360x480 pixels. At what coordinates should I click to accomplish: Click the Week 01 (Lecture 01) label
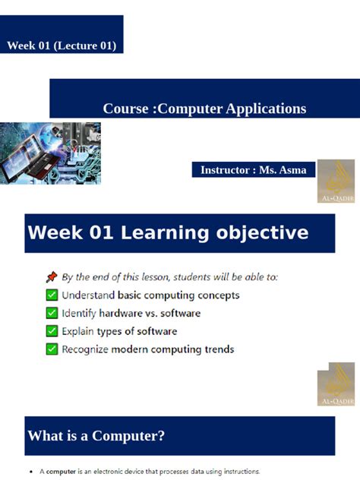(62, 46)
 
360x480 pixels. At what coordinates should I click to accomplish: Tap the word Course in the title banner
(126, 109)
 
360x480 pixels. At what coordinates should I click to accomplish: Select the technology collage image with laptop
(50, 153)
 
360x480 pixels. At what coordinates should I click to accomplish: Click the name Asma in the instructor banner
(292, 170)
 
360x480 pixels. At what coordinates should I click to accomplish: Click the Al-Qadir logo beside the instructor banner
(335, 181)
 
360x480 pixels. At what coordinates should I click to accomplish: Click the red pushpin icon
(52, 277)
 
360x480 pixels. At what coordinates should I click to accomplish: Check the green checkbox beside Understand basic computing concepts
(52, 295)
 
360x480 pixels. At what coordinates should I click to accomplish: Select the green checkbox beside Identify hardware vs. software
(52, 313)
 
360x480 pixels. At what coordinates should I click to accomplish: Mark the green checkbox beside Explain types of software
(52, 331)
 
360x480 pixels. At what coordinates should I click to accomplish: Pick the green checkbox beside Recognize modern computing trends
(52, 349)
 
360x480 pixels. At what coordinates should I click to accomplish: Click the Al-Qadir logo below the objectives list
(335, 387)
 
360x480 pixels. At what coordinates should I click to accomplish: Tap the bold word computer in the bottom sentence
(62, 472)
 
